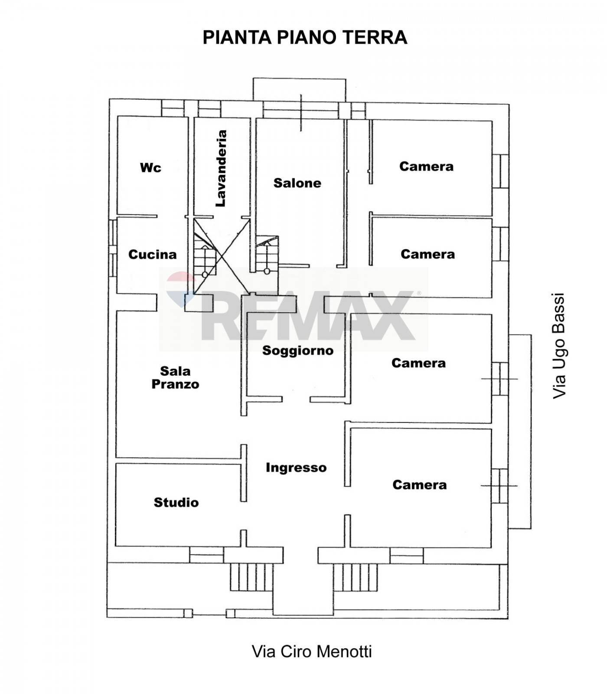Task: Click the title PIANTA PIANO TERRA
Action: [305, 37]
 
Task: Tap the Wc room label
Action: [150, 167]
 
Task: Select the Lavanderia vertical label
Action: [222, 168]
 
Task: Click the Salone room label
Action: [297, 183]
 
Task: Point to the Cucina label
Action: [152, 254]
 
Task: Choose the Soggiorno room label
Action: [297, 350]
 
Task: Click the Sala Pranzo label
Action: [175, 377]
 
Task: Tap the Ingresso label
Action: [296, 468]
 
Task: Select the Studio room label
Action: [176, 502]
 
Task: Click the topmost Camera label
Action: [426, 166]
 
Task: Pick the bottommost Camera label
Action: [419, 484]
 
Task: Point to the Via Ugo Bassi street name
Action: [559, 346]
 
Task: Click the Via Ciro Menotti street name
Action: [312, 651]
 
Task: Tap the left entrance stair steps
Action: [251, 577]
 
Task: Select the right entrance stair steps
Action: [356, 577]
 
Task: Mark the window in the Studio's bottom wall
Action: [206, 554]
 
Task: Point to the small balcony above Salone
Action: [299, 89]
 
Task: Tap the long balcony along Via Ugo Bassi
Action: [520, 432]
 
